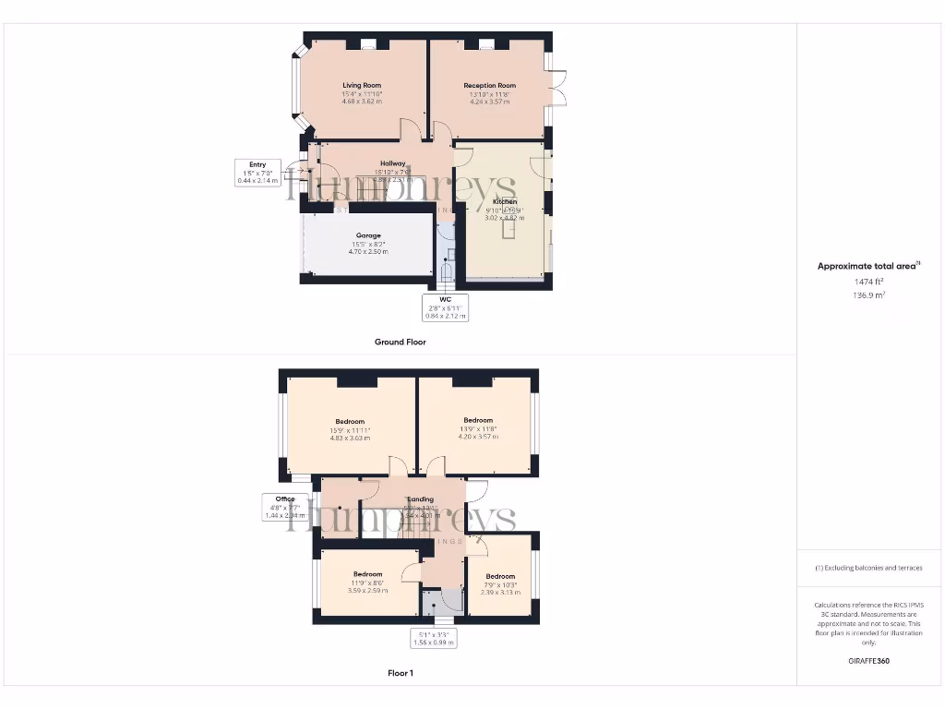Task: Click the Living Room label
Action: coord(362,86)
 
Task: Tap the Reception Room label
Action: coord(489,86)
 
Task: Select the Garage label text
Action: coord(368,235)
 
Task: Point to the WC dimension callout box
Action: coord(445,307)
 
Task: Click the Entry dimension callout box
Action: coord(257,173)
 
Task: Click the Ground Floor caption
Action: coord(400,342)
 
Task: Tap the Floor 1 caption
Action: coord(400,673)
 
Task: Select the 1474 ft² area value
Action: coord(868,282)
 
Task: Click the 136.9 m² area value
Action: coord(868,295)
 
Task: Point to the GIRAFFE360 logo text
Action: coord(868,661)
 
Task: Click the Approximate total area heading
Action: coord(868,266)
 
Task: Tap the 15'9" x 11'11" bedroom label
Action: coord(350,429)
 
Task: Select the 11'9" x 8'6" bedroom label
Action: coord(367,583)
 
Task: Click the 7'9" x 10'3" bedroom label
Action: coord(500,584)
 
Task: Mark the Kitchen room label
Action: coord(505,201)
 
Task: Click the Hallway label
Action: coord(393,163)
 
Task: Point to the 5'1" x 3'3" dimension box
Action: coord(434,638)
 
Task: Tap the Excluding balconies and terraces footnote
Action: coord(868,568)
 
